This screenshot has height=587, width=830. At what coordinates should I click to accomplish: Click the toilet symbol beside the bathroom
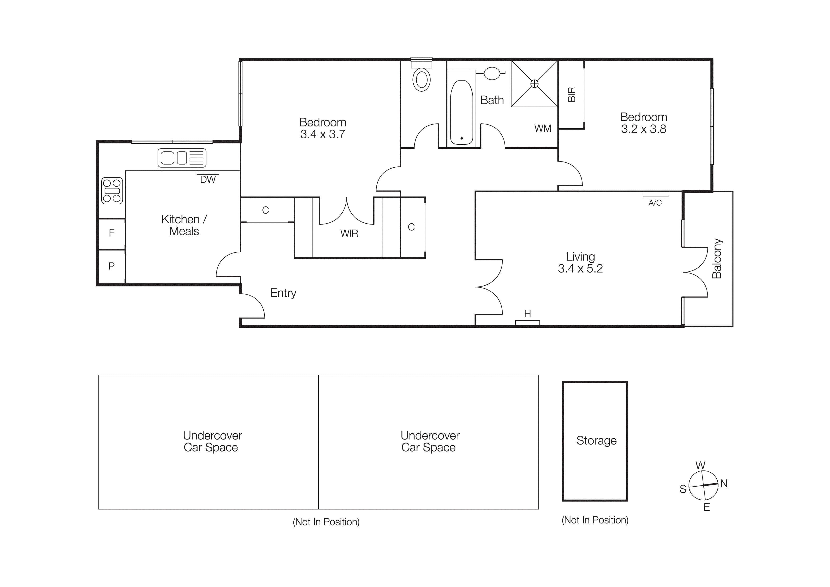(422, 80)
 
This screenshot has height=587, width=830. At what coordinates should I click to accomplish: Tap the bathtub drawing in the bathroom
(462, 112)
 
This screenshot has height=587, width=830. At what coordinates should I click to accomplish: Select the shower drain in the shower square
(534, 84)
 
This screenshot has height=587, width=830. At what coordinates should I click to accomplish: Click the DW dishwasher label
(208, 179)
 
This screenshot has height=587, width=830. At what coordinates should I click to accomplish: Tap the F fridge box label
(112, 233)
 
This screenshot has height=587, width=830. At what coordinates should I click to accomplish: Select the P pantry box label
(112, 266)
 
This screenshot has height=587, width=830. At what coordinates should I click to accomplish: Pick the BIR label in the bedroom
(572, 95)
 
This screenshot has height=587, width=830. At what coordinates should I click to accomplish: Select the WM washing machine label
(543, 128)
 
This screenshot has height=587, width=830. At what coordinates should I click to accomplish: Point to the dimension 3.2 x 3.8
(644, 129)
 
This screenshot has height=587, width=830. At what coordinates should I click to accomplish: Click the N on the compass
(724, 484)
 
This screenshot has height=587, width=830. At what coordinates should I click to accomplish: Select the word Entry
(283, 293)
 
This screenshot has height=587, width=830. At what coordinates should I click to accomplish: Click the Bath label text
(492, 100)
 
